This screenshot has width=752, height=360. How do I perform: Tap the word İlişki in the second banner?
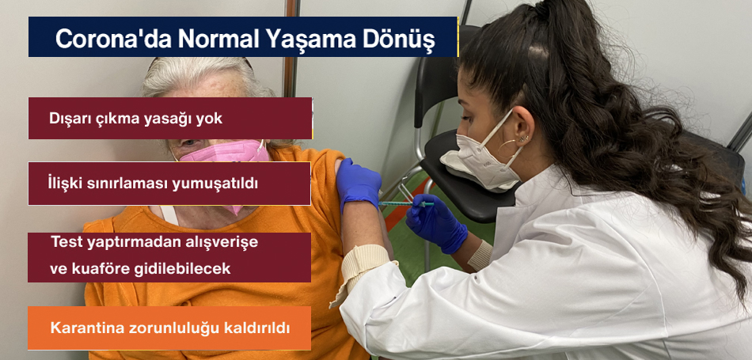point(64,184)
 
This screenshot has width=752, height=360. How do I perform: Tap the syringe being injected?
point(406,203)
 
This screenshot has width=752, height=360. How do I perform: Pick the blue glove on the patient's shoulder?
point(358,184)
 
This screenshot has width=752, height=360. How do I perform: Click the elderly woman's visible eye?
point(190,143)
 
